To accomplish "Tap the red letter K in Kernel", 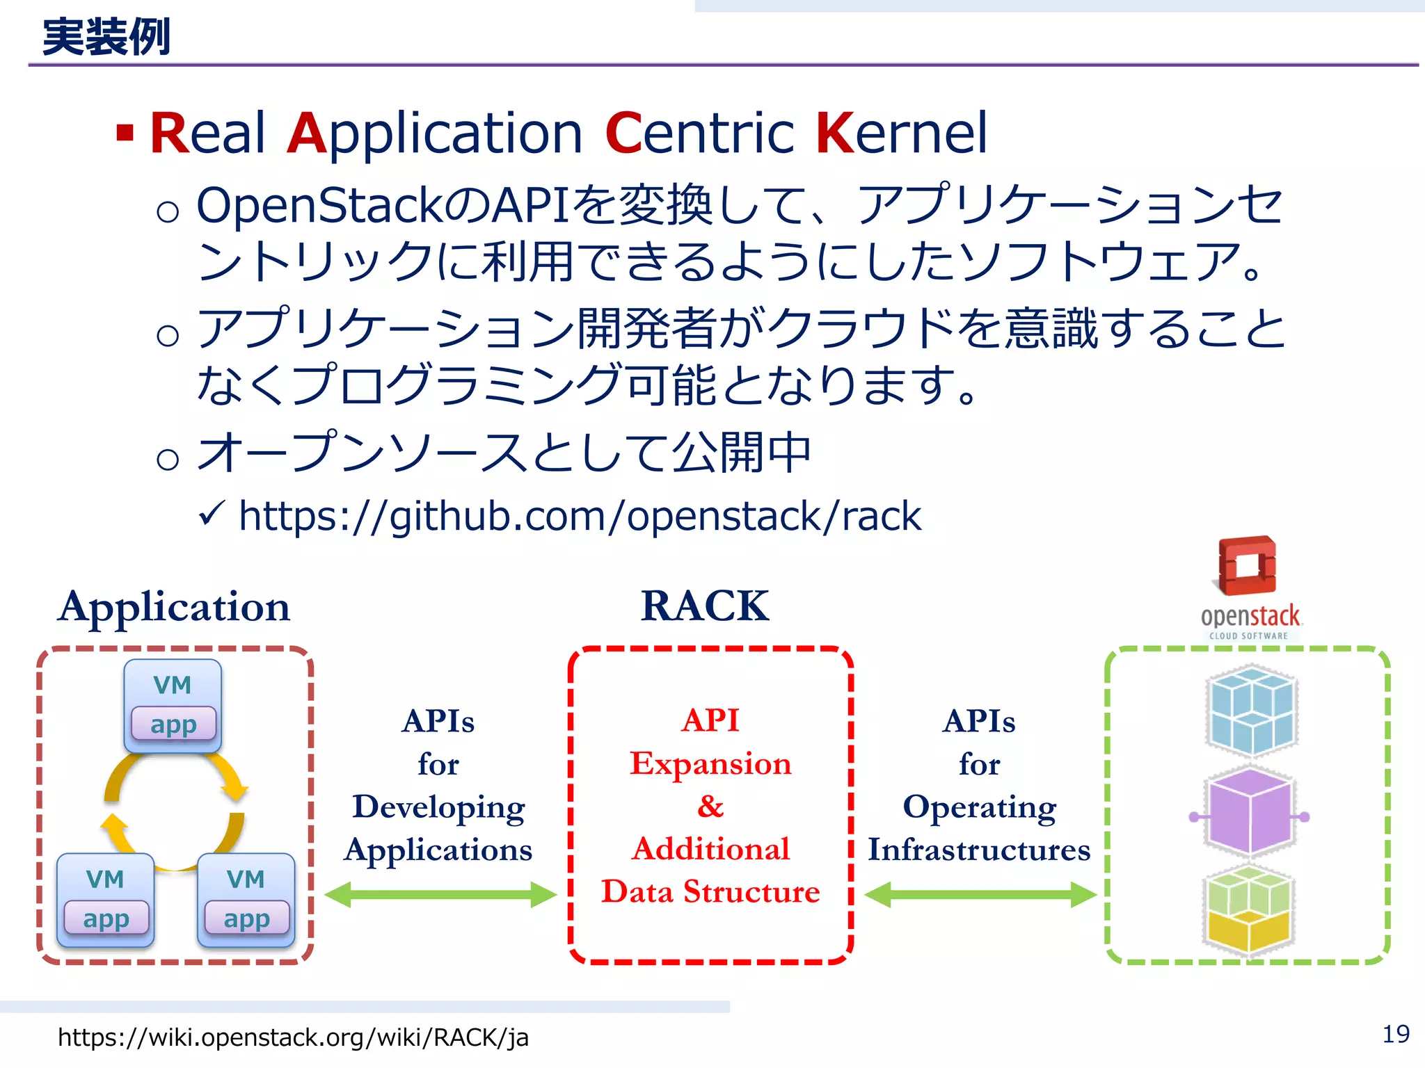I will tap(834, 133).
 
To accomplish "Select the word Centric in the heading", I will tap(699, 133).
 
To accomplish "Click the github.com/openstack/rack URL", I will tap(580, 516).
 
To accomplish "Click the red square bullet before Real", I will tap(125, 132).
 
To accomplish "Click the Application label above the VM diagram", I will tap(174, 606).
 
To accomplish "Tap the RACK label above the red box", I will tap(704, 606).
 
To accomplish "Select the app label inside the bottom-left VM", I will tap(106, 918).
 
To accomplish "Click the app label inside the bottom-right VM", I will tap(246, 918).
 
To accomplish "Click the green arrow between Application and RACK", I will tap(440, 894).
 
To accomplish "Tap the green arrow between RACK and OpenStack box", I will tap(980, 894).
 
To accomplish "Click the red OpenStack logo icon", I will tap(1248, 566).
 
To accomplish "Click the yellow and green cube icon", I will tap(1248, 911).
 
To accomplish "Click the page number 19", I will tap(1394, 1035).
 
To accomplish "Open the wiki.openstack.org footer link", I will tap(293, 1037).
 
